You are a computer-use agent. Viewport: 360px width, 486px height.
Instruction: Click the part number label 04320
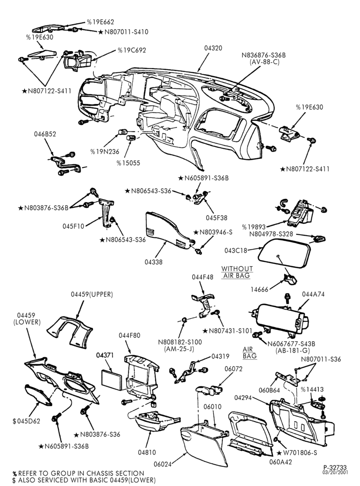213,48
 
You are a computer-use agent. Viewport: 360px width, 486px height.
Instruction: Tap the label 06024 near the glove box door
162,464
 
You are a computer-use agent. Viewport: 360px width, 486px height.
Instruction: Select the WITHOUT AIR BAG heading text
237,272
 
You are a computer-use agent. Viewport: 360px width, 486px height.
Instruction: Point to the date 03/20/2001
335,473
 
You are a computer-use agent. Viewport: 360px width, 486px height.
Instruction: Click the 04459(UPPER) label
92,294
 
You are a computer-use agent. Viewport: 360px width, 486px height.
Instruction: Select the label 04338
153,262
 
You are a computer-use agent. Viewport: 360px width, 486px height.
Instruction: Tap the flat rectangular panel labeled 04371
113,380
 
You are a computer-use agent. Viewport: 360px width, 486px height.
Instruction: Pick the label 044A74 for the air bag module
313,294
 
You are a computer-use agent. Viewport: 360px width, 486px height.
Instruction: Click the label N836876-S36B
264,55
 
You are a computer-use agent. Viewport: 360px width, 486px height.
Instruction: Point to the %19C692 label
132,50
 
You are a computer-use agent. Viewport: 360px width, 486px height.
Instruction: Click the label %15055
128,163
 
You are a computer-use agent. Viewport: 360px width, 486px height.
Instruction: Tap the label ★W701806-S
297,453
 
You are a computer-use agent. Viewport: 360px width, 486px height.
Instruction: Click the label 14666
259,290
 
